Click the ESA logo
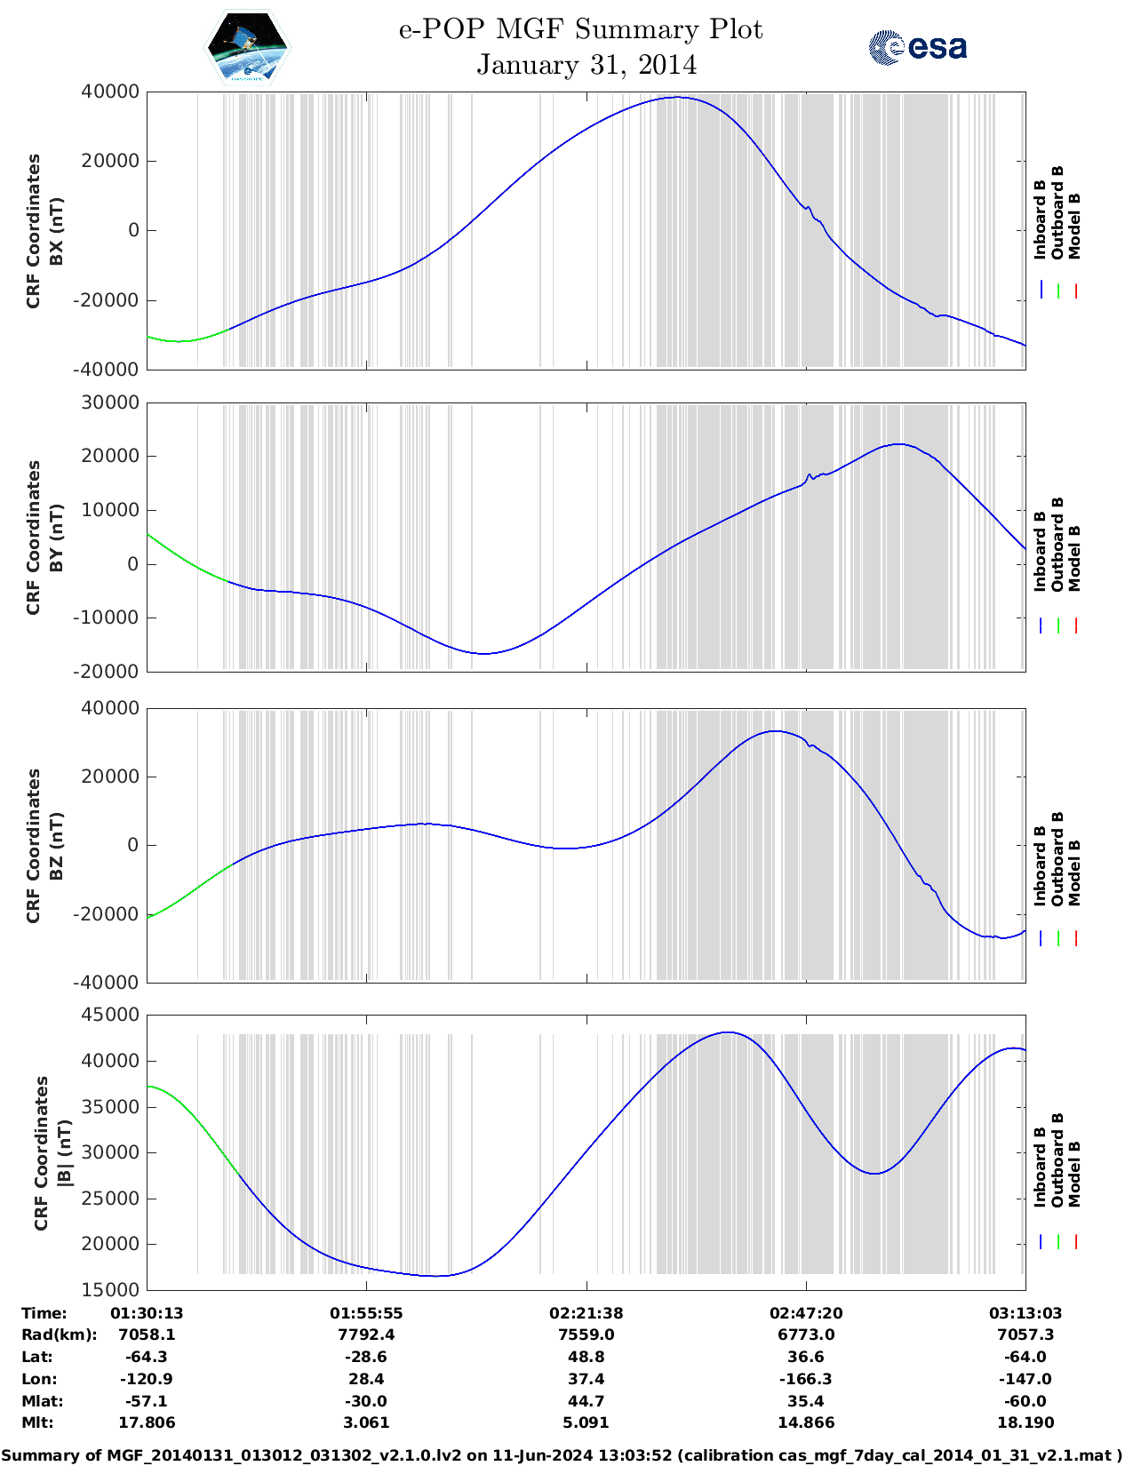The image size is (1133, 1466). [x=917, y=47]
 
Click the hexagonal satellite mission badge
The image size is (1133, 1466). [x=247, y=47]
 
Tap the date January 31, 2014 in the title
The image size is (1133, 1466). [x=586, y=65]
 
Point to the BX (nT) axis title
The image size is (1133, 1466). [x=56, y=231]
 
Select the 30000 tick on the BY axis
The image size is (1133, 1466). [x=109, y=402]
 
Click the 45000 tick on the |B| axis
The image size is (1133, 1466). [x=109, y=1015]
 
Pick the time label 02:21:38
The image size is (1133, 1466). [x=586, y=1312]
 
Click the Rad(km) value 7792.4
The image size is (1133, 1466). [x=366, y=1335]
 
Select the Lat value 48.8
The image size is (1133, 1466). [x=586, y=1357]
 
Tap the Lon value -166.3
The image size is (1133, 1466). [x=805, y=1379]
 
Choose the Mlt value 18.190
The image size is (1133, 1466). [x=1025, y=1422]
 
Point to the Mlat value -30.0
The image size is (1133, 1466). [x=366, y=1401]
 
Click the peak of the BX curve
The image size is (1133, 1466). [x=678, y=98]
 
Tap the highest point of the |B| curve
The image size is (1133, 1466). [x=728, y=1032]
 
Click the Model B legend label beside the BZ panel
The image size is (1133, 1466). [x=1075, y=872]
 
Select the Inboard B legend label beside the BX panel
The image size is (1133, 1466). [x=1041, y=219]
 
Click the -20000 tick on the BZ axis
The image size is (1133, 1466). [x=109, y=913]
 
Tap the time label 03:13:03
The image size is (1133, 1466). [x=1025, y=1312]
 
